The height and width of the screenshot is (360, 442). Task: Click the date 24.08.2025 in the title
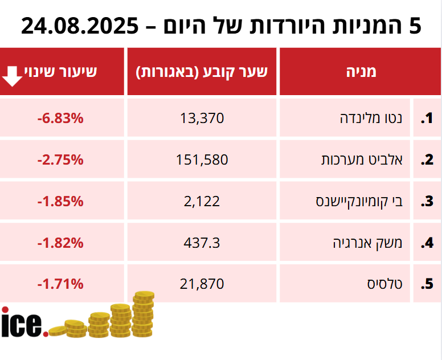(80, 26)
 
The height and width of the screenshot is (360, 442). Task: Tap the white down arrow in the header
(13, 76)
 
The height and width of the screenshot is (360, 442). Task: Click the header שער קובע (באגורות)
(202, 72)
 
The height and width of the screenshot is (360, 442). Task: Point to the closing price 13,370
(202, 118)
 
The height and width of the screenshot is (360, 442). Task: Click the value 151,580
(202, 160)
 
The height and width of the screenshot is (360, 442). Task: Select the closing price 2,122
(202, 201)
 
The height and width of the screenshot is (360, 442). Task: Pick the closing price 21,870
(202, 283)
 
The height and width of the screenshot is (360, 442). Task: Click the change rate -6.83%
(60, 118)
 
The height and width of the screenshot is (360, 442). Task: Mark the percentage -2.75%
(60, 160)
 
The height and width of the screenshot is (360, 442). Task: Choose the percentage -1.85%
(60, 201)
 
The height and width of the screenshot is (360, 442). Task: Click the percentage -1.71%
(60, 283)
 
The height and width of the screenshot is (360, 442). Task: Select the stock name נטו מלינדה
(371, 118)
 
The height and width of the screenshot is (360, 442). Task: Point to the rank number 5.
(427, 284)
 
